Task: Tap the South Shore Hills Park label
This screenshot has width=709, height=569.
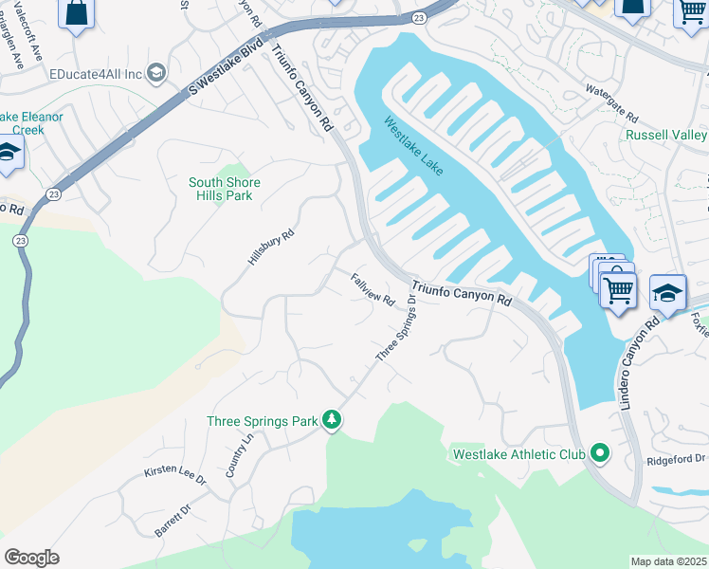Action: click(x=224, y=189)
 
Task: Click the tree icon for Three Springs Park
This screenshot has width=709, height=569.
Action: click(x=331, y=419)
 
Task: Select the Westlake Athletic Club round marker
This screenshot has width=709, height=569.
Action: click(x=599, y=454)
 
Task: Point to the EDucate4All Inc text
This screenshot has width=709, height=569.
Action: click(x=96, y=73)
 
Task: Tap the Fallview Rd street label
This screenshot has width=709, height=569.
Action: click(x=373, y=289)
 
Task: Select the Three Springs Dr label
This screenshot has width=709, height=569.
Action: click(x=396, y=328)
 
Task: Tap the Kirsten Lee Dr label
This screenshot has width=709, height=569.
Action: click(x=174, y=475)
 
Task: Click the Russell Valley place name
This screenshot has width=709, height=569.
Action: click(x=666, y=135)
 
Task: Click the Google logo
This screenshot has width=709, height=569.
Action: click(x=31, y=557)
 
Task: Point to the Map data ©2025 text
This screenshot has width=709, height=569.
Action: click(x=668, y=561)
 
